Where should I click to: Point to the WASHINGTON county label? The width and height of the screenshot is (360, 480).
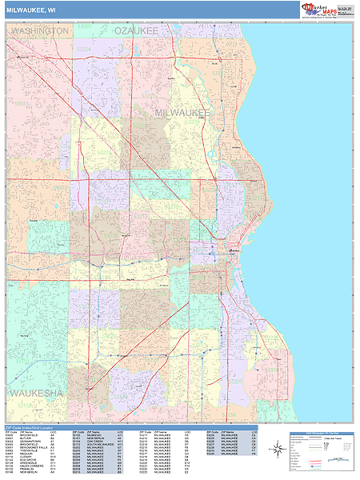point(39,30)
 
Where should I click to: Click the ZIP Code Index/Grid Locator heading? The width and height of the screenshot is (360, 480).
point(35,428)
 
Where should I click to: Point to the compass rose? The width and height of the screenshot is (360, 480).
point(277,449)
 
